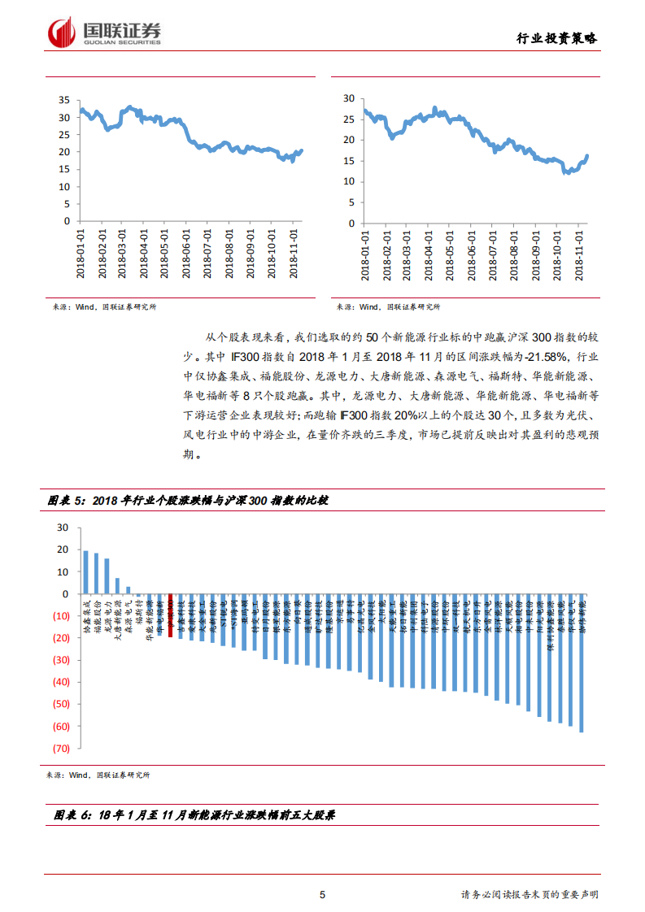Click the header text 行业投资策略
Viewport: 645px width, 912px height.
click(558, 38)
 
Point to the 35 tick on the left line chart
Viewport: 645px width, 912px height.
click(63, 100)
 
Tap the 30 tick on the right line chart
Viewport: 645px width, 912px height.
click(349, 98)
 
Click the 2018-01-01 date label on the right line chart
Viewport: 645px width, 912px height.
click(365, 253)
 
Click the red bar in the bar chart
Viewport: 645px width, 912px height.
click(170, 615)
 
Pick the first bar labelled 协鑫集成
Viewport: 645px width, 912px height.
click(85, 572)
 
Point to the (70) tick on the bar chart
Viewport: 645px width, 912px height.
click(60, 748)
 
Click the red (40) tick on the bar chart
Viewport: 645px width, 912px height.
click(60, 682)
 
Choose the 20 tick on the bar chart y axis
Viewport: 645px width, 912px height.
click(63, 549)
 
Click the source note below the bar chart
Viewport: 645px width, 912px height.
click(98, 775)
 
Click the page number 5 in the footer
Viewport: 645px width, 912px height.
click(323, 895)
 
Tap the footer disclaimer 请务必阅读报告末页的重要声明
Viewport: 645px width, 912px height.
click(530, 895)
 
